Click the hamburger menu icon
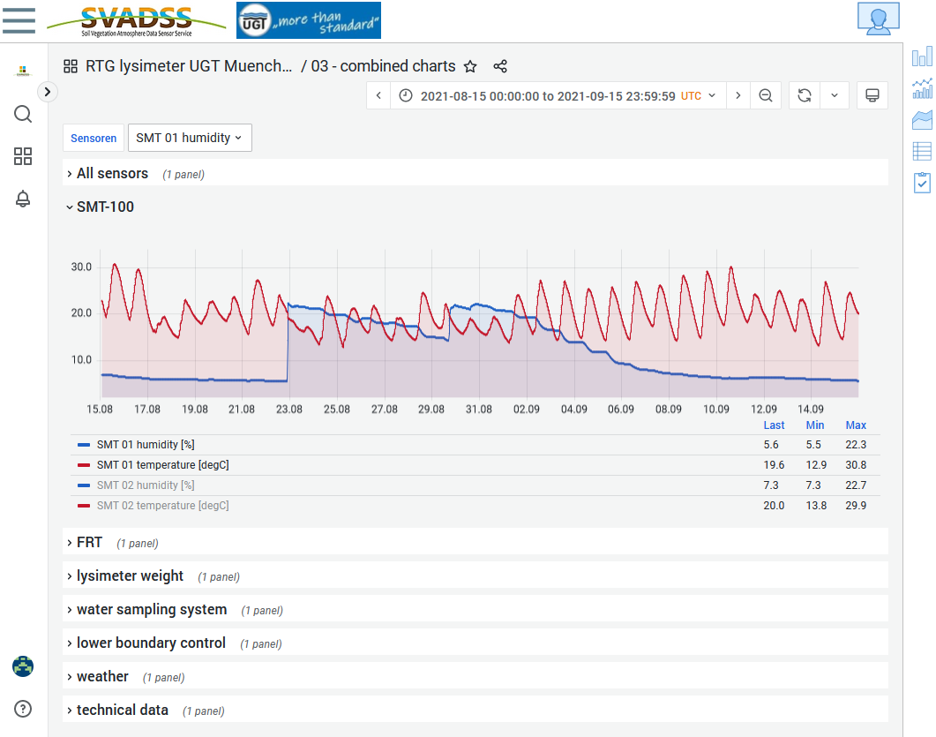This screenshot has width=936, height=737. [19, 20]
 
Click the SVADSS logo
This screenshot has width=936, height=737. [137, 21]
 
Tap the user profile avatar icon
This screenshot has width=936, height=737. [878, 19]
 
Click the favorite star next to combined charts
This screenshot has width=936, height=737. [470, 66]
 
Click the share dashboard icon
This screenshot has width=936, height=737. [500, 66]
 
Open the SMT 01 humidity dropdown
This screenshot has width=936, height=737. [190, 138]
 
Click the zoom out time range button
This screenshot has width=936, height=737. [765, 95]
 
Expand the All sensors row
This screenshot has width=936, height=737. [112, 173]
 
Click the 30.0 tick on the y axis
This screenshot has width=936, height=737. [81, 267]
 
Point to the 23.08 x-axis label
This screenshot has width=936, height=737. [289, 410]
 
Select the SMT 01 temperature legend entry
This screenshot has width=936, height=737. [162, 464]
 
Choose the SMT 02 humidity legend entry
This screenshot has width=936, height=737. [146, 485]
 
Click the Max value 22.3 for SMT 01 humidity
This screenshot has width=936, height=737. [856, 444]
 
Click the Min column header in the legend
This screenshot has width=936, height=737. [815, 425]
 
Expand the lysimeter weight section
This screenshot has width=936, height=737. [130, 575]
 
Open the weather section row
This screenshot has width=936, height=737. [102, 676]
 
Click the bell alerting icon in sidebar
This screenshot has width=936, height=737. [23, 199]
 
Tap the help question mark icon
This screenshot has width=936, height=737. [23, 709]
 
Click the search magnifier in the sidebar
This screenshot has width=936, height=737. [23, 114]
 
